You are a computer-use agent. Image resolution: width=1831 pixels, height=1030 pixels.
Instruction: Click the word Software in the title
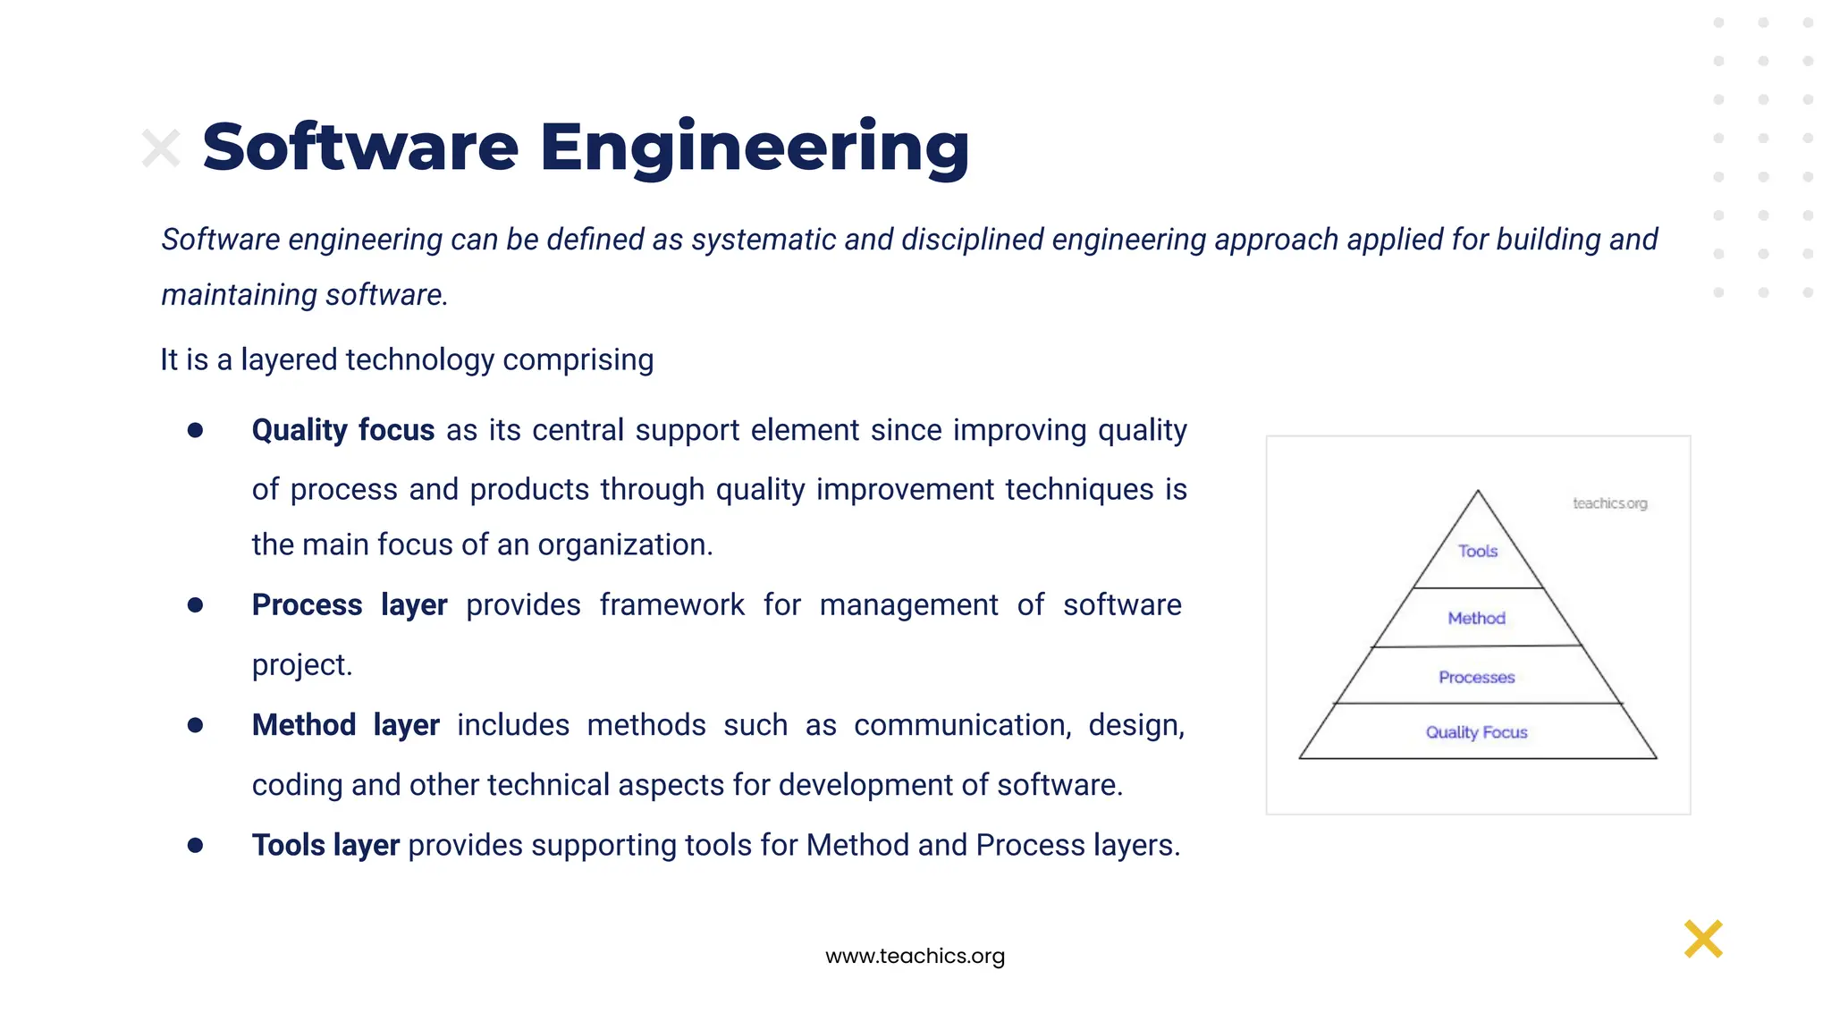(x=359, y=147)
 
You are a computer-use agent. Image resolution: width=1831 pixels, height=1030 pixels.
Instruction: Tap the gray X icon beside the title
(x=161, y=148)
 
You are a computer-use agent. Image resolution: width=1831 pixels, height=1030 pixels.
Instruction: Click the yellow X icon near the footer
(x=1703, y=939)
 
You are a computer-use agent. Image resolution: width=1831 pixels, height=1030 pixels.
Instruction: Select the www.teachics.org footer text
(x=915, y=956)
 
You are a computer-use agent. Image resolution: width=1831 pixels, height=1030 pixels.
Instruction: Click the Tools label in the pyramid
(x=1477, y=552)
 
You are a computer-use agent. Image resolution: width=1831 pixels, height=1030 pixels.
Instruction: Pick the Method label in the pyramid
(x=1476, y=619)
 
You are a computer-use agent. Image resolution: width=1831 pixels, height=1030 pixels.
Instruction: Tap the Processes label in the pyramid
(x=1476, y=678)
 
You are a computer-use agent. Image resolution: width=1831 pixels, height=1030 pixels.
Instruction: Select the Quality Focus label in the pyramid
(x=1476, y=732)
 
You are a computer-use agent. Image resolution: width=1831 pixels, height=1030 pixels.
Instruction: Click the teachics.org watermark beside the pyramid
(x=1609, y=503)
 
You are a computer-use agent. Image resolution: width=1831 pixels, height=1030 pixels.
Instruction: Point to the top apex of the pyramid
(x=1478, y=491)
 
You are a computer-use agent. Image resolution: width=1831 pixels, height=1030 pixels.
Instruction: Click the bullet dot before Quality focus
(x=195, y=431)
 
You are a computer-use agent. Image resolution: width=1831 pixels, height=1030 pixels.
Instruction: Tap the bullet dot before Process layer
(x=195, y=605)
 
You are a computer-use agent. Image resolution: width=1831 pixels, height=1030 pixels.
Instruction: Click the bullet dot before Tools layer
(x=195, y=845)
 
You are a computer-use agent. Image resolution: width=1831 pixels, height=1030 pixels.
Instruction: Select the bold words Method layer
(x=345, y=725)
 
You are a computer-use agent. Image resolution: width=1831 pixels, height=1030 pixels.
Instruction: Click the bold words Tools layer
(x=325, y=845)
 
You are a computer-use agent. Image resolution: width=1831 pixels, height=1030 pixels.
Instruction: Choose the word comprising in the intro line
(x=578, y=360)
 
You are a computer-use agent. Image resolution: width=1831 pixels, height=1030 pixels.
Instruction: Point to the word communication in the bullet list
(x=961, y=725)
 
